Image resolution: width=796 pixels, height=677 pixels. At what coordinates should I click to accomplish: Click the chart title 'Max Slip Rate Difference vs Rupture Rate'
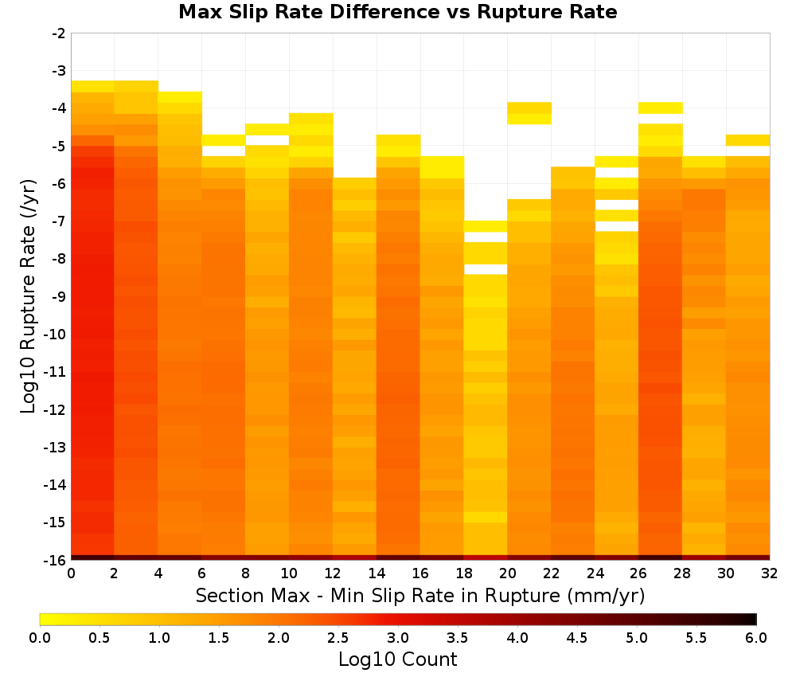point(397,12)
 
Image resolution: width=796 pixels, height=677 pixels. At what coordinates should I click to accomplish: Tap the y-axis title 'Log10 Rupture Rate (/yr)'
point(29,296)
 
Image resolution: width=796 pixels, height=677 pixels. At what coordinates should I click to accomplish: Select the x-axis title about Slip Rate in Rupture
point(419,596)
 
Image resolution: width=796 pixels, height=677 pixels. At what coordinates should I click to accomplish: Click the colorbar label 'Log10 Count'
point(397,659)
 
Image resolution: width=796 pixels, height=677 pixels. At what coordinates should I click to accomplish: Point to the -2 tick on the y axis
point(59,33)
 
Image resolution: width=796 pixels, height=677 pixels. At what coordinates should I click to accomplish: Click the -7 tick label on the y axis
point(59,221)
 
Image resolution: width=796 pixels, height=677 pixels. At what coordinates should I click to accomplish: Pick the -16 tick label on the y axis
point(56,560)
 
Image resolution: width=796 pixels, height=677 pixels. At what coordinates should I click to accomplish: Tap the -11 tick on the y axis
point(56,372)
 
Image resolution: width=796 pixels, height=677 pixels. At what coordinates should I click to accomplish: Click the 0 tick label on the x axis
point(71,573)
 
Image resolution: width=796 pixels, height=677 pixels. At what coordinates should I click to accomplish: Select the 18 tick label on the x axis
point(464,573)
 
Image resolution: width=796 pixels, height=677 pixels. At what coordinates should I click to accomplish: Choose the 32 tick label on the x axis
point(770,573)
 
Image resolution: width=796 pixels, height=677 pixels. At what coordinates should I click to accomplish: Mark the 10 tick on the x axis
point(290,573)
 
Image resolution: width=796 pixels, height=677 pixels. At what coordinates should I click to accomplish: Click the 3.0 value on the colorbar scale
point(398,638)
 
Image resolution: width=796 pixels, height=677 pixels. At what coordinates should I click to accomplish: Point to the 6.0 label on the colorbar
point(756,638)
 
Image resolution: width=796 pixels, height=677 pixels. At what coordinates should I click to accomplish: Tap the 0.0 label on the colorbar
point(40,638)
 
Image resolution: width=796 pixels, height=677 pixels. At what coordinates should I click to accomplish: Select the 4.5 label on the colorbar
point(577,638)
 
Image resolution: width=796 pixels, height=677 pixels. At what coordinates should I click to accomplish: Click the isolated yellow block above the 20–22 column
point(529,113)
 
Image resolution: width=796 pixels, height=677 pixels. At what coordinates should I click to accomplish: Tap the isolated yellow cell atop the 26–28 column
point(661,108)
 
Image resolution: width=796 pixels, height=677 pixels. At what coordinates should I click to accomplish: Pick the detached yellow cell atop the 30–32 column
point(747,140)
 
